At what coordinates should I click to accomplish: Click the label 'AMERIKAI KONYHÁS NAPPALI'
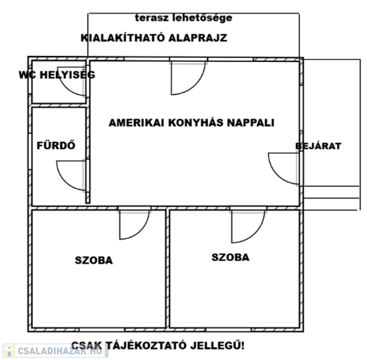click(x=191, y=123)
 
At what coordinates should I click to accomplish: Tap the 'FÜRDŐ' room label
click(x=56, y=145)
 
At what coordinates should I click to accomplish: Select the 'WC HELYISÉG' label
click(x=57, y=75)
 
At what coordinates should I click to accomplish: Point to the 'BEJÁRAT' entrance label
click(x=318, y=146)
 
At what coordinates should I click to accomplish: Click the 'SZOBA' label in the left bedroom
click(x=94, y=260)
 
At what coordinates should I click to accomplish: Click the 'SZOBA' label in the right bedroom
click(x=231, y=257)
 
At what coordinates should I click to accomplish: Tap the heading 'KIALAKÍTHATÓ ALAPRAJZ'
click(x=154, y=38)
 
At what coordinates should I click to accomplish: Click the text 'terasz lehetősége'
click(x=184, y=18)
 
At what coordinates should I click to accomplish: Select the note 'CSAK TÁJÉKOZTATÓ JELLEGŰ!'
click(x=158, y=345)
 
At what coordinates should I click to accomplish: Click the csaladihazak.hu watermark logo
click(x=55, y=351)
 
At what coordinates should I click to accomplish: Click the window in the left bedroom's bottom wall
click(x=102, y=330)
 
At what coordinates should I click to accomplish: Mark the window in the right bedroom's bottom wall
click(x=229, y=330)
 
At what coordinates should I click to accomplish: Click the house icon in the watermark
click(x=9, y=351)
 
